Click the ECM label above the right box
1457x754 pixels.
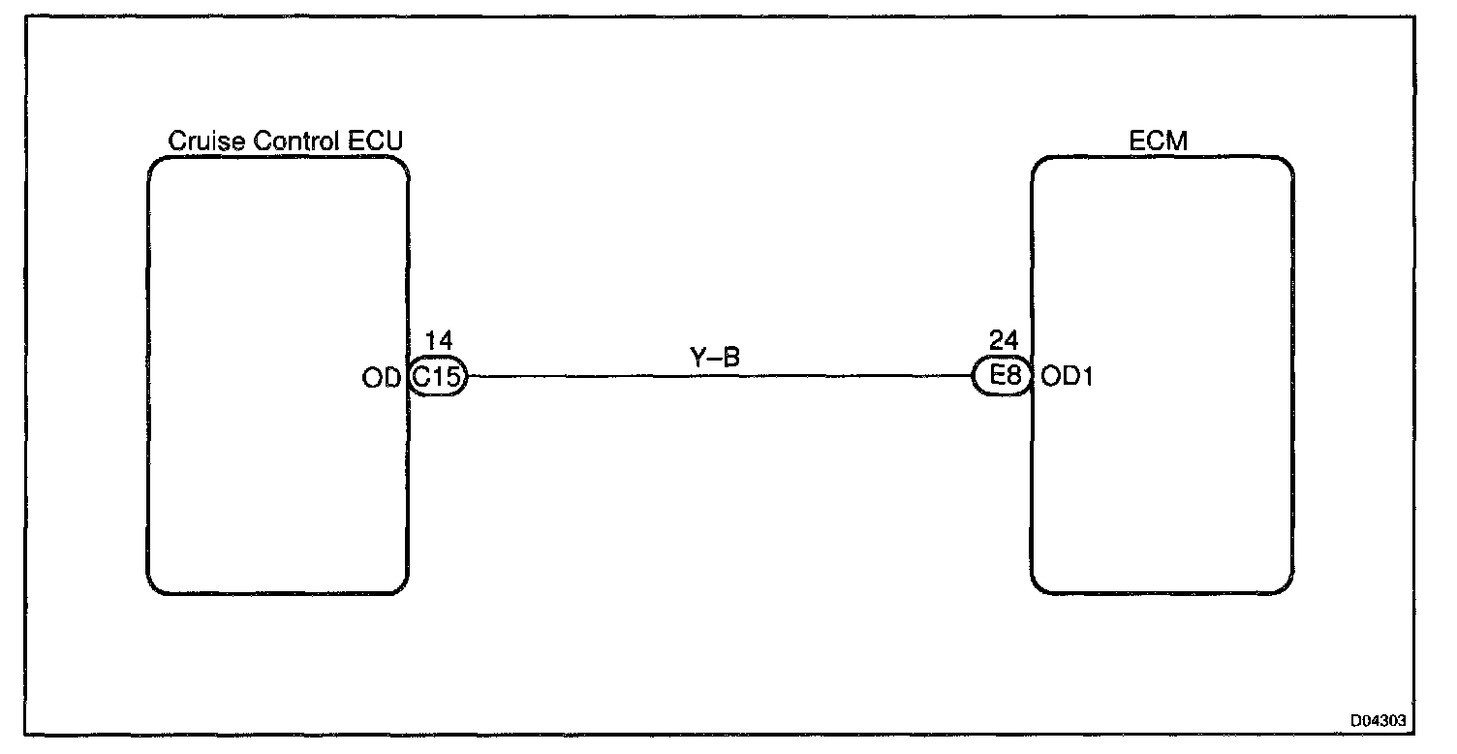pos(1160,141)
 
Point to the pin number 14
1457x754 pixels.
pos(439,340)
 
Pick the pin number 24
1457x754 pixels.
pos(1005,340)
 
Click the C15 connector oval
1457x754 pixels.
pos(438,377)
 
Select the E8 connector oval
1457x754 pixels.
pos(1003,377)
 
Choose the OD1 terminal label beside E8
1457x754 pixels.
pos(1067,378)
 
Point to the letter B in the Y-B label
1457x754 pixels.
pos(733,357)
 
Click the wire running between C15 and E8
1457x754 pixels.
pos(717,377)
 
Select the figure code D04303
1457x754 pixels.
pos(1379,721)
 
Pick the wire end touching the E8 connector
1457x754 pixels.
pos(972,377)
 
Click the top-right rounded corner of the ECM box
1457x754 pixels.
pos(1286,164)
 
